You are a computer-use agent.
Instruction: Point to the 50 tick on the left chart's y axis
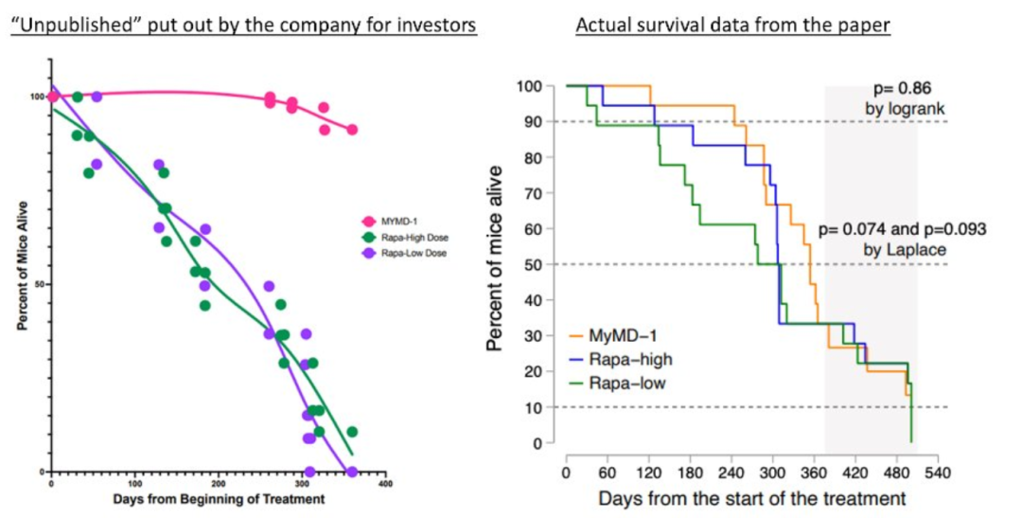pyautogui.click(x=38, y=284)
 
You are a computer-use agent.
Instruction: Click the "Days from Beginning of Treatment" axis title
pyautogui.click(x=217, y=499)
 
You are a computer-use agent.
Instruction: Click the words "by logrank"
pyautogui.click(x=905, y=109)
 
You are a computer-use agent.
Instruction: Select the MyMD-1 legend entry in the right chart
pyautogui.click(x=625, y=335)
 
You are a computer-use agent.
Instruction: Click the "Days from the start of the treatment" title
pyautogui.click(x=752, y=498)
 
